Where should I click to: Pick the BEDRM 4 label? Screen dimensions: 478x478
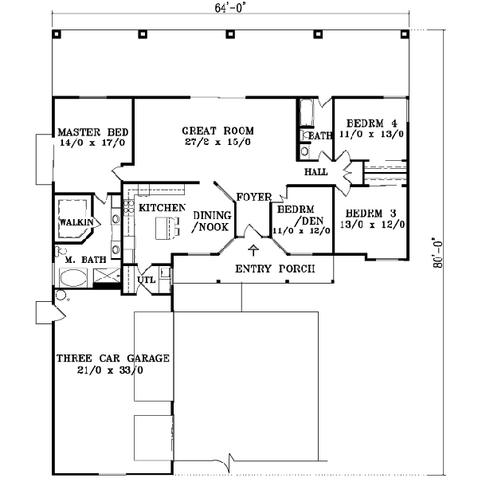click(x=371, y=123)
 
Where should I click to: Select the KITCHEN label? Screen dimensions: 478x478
click(x=162, y=208)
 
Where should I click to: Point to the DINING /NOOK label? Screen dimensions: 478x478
click(x=211, y=221)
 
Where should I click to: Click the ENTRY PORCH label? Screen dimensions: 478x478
click(x=273, y=268)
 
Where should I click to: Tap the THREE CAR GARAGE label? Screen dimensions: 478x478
click(x=112, y=358)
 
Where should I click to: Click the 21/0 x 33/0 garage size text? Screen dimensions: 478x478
click(x=112, y=370)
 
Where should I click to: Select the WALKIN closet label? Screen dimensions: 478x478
click(x=76, y=222)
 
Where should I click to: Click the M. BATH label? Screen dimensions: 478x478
click(x=80, y=260)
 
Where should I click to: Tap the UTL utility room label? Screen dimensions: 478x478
click(x=147, y=280)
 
